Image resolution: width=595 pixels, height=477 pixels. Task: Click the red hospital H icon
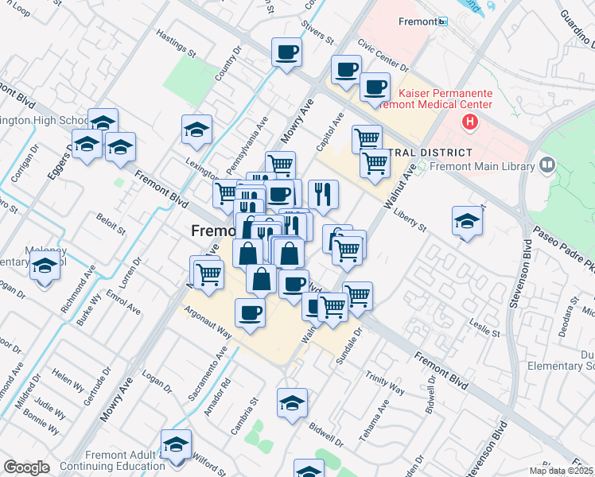point(470,122)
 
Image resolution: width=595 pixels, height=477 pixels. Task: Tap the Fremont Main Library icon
point(546,165)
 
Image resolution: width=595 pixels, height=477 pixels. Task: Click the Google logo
point(26,467)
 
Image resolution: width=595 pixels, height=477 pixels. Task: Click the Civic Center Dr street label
point(383,55)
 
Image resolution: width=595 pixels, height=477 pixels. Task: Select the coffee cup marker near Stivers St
point(286,52)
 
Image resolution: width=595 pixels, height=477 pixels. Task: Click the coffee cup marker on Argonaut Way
point(250,312)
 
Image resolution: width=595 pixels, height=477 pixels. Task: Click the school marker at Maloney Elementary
point(45,270)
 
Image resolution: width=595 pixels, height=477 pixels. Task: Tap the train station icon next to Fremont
point(443,21)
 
